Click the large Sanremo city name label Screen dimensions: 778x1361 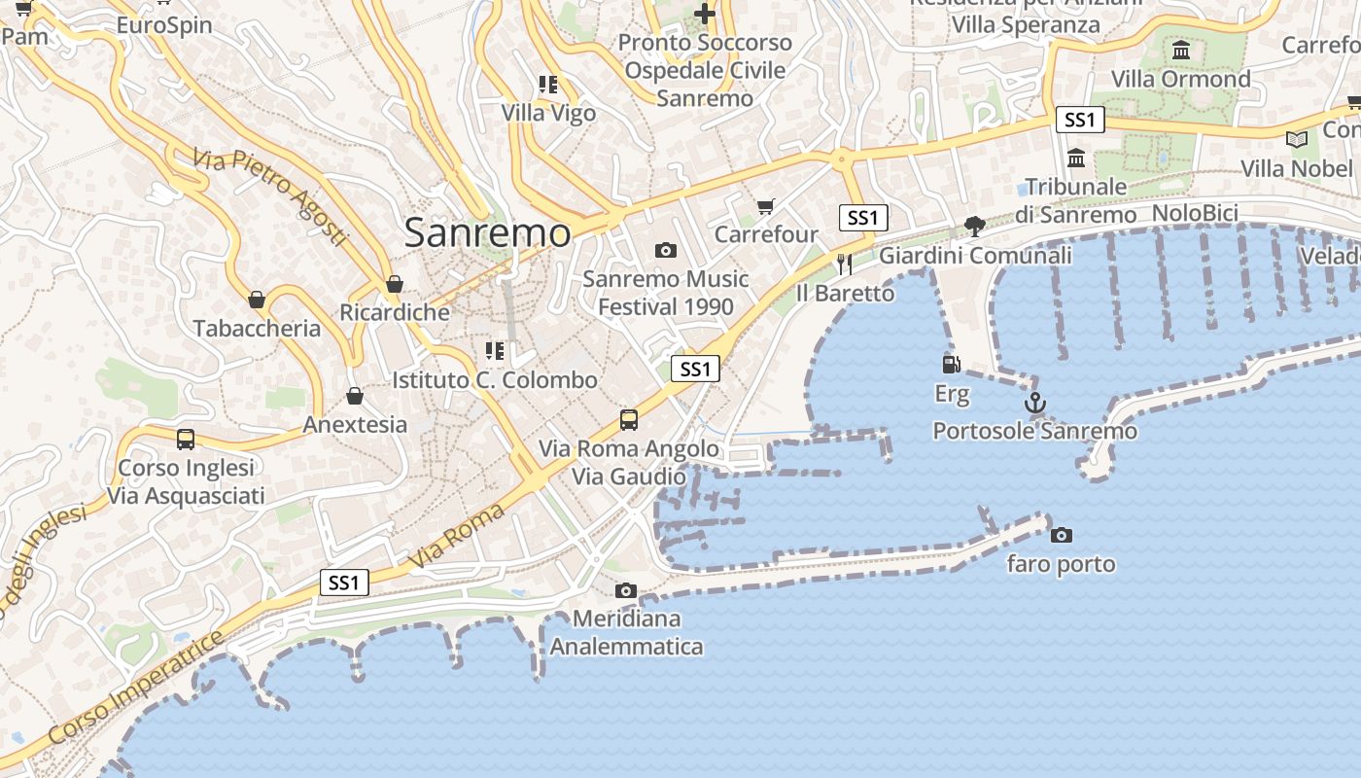point(487,233)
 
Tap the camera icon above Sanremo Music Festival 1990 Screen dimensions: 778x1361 point(666,251)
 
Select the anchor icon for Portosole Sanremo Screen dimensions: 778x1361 point(1035,402)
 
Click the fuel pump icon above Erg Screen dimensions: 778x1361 point(952,365)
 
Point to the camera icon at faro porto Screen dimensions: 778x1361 point(1062,535)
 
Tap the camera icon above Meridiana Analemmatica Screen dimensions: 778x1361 point(626,590)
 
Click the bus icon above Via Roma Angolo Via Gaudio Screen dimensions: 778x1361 point(629,420)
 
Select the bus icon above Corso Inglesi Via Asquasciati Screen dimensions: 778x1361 point(186,440)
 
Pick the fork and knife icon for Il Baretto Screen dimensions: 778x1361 point(845,264)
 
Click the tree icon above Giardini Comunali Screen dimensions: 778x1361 point(974,227)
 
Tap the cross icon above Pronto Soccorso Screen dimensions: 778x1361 point(706,14)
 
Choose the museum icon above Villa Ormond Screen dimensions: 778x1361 point(1181,50)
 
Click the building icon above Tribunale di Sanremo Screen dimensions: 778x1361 point(1076,158)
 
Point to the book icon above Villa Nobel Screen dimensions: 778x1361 point(1297,139)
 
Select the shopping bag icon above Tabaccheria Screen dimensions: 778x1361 point(257,300)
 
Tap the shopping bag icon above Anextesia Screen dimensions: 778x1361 point(355,396)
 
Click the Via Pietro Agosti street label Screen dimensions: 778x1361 point(270,195)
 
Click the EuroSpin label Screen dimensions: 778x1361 point(164,24)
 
